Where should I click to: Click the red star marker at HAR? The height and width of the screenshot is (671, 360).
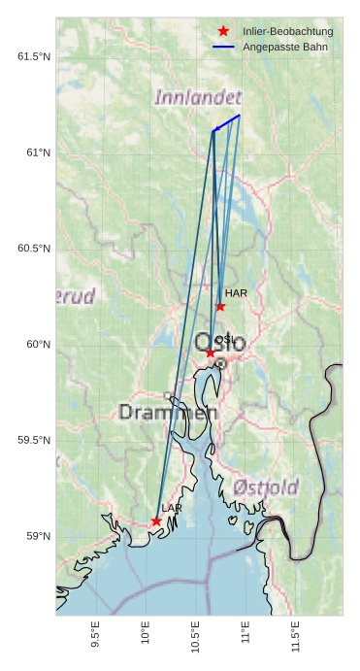(x=220, y=307)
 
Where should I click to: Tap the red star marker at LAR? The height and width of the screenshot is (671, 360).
(x=156, y=521)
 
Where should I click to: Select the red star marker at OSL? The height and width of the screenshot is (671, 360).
(x=211, y=352)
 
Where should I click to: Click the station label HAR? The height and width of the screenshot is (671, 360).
(x=236, y=292)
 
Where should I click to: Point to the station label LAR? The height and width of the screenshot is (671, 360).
(x=172, y=508)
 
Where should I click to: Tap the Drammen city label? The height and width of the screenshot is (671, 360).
(x=168, y=413)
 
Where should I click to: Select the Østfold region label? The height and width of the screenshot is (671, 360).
(x=266, y=487)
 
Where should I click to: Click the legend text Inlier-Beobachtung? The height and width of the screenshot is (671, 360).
(x=287, y=32)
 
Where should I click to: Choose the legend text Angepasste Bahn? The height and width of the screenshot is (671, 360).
(x=284, y=47)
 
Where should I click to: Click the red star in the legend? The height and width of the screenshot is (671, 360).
(x=223, y=32)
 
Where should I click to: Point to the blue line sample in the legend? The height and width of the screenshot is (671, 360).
(x=223, y=47)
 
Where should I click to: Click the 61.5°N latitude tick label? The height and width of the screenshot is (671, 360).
(x=34, y=56)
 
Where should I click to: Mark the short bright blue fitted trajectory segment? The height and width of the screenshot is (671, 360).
(x=227, y=122)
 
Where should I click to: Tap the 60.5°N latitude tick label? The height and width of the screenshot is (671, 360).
(x=34, y=249)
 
